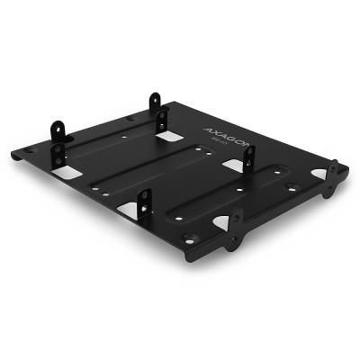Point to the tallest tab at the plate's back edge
(155, 103)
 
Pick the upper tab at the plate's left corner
(61, 131)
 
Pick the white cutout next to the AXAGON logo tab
(234, 166)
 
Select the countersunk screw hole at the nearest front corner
(187, 238)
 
